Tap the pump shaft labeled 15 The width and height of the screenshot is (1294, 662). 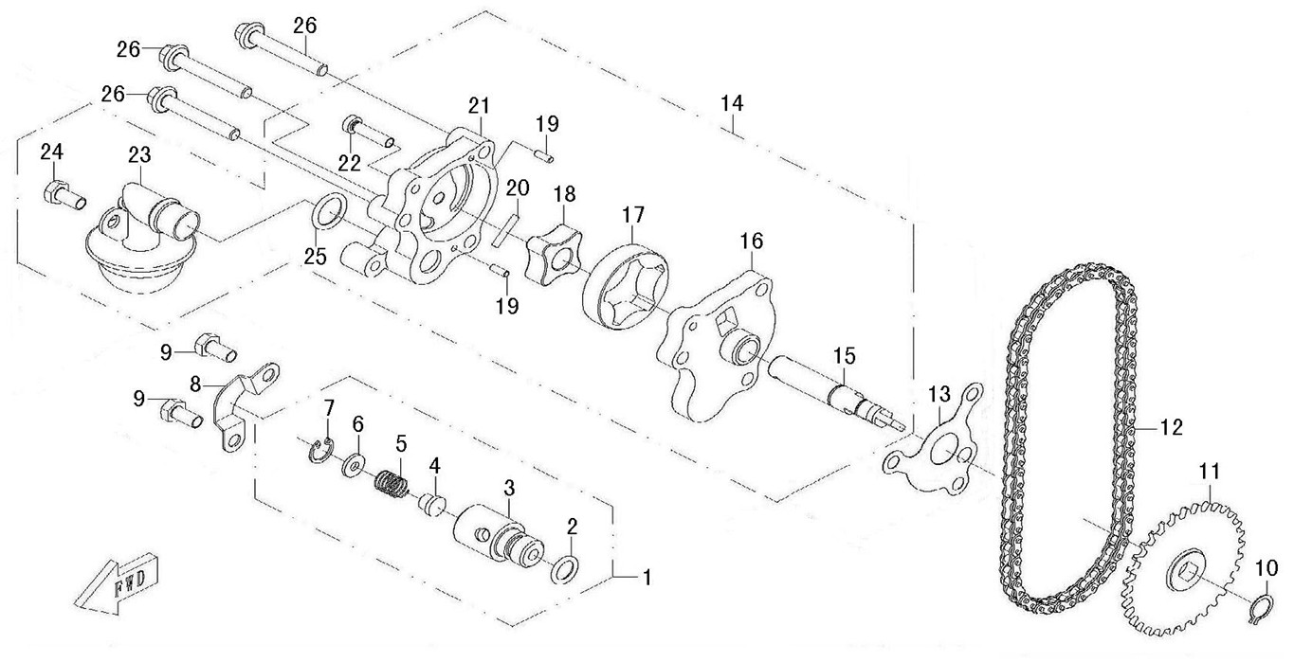[x=834, y=388]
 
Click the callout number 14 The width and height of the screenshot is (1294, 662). [x=731, y=102]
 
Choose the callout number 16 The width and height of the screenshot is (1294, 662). [x=751, y=242]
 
